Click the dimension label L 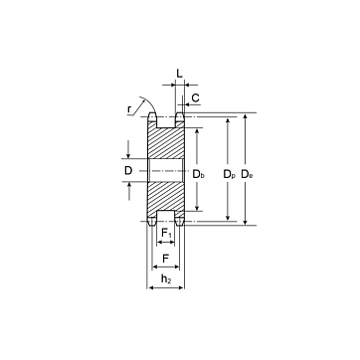[x=179, y=74]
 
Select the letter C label [x=196, y=98]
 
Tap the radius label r [x=129, y=109]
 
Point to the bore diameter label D [x=128, y=171]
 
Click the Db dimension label [x=198, y=174]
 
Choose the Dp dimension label [x=229, y=174]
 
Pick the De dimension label [x=247, y=174]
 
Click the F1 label [x=166, y=234]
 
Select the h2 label [x=166, y=279]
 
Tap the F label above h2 [x=166, y=258]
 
